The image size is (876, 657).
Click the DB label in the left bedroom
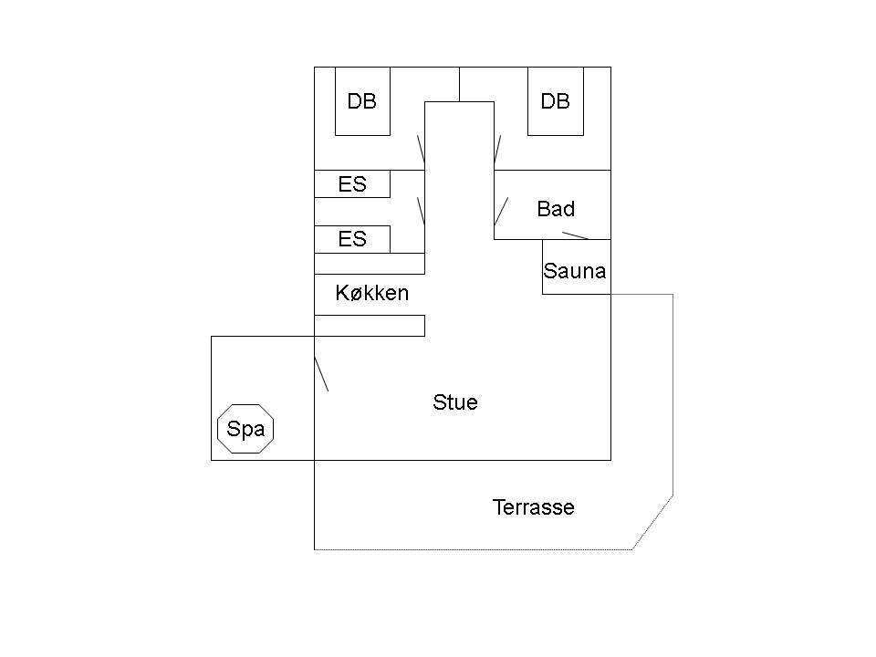pyautogui.click(x=361, y=101)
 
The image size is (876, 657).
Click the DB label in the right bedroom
pyautogui.click(x=556, y=101)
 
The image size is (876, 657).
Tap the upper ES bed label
pyautogui.click(x=352, y=183)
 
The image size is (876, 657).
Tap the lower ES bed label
pyautogui.click(x=352, y=239)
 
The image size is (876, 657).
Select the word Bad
pyautogui.click(x=556, y=208)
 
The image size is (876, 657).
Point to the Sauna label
pyautogui.click(x=575, y=270)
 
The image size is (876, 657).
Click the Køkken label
pyautogui.click(x=372, y=293)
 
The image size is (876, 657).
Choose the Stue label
pyautogui.click(x=455, y=402)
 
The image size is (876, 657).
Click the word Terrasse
pyautogui.click(x=534, y=507)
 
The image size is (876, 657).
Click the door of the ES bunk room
pyautogui.click(x=422, y=211)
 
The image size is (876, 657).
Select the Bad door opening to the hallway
pyautogui.click(x=501, y=211)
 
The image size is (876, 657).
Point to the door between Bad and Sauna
pyautogui.click(x=576, y=235)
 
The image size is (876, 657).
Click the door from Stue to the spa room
pyautogui.click(x=321, y=374)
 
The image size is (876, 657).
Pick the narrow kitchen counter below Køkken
pyautogui.click(x=370, y=326)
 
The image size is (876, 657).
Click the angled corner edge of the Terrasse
pyautogui.click(x=652, y=522)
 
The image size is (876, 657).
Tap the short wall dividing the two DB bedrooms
pyautogui.click(x=459, y=84)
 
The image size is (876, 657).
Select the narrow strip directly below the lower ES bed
pyautogui.click(x=370, y=264)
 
